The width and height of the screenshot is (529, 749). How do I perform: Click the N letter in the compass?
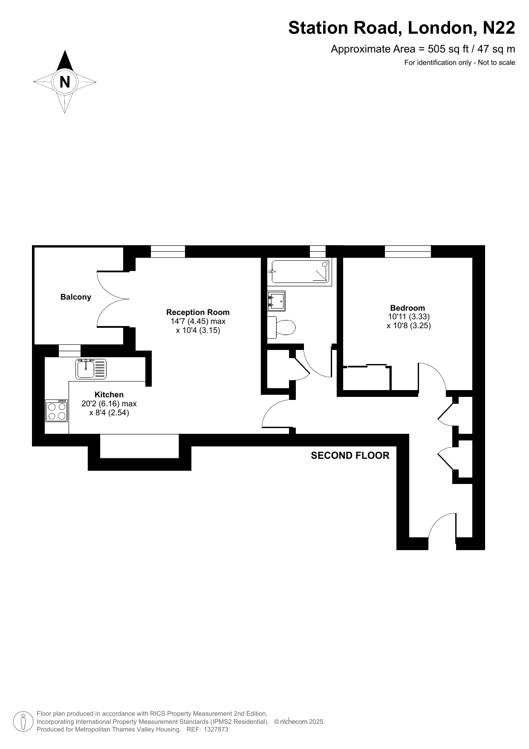point(65,82)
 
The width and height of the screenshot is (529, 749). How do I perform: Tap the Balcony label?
point(76,297)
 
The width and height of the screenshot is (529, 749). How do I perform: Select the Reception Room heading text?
point(198,312)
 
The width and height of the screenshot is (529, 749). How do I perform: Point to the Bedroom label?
point(408,308)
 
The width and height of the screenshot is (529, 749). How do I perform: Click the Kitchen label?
point(109,395)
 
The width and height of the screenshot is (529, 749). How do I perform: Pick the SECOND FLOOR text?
point(350,456)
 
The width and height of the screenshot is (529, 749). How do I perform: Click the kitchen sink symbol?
point(91,369)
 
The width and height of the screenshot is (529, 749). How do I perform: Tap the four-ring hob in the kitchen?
point(57,411)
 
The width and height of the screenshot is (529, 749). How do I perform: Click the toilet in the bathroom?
point(281,328)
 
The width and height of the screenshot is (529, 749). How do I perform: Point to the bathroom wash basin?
point(276,301)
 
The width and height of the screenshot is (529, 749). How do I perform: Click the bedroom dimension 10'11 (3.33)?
point(409,317)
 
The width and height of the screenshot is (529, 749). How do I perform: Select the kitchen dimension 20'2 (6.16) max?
point(109,404)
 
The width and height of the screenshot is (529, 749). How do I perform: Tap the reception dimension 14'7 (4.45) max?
point(198,321)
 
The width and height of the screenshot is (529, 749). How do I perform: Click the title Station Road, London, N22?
point(402,28)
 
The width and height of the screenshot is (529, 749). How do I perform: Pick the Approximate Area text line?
point(423,49)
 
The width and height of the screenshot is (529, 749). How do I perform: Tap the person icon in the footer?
point(23,722)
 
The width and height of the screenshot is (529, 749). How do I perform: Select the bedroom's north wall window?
point(408,251)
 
